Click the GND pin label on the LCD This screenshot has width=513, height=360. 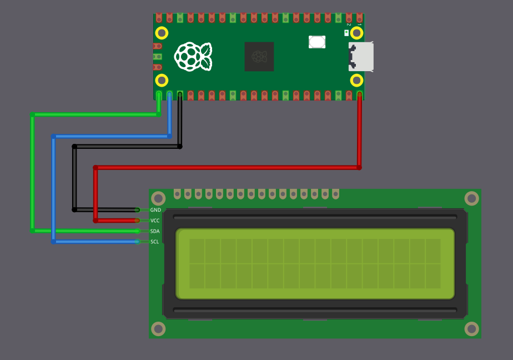click(x=155, y=210)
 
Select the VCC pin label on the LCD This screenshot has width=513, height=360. click(x=155, y=221)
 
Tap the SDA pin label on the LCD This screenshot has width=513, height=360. click(x=155, y=231)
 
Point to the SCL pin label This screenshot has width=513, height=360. click(x=155, y=242)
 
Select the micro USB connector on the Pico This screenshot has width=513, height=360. click(x=360, y=56)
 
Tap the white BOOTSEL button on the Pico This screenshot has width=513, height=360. click(x=317, y=42)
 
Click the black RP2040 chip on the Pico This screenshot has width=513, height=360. click(x=259, y=56)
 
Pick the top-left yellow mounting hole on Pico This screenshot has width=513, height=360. click(x=162, y=33)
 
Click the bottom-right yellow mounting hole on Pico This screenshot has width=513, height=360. click(x=357, y=81)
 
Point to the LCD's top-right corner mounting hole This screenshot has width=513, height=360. click(x=471, y=198)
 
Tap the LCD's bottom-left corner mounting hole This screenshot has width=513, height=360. click(x=158, y=328)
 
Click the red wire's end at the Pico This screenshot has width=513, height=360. click(x=360, y=96)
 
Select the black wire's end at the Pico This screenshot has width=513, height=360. click(x=180, y=96)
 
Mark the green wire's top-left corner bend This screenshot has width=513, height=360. click(x=33, y=115)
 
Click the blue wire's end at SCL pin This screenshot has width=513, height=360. click(x=137, y=242)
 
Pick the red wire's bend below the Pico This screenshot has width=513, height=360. click(x=359, y=167)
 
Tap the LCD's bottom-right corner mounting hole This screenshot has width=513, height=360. click(x=471, y=328)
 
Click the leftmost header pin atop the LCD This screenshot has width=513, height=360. click(x=177, y=194)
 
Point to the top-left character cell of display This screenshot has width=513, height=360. click(x=197, y=251)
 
